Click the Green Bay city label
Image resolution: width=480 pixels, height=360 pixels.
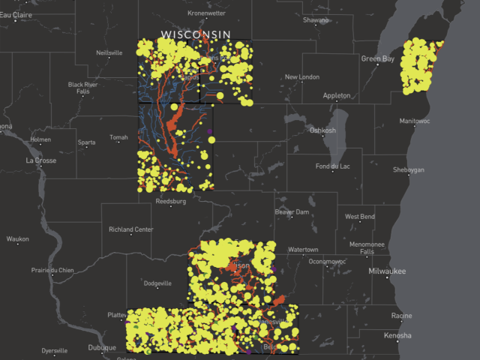coord(378,58)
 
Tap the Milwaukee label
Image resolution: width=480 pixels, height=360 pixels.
coord(386,271)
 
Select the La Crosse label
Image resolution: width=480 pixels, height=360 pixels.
coord(40,160)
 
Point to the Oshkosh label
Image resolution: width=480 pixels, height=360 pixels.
coord(323,130)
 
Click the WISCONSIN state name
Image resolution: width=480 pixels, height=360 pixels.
coord(196,35)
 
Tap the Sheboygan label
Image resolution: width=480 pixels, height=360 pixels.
coord(409,169)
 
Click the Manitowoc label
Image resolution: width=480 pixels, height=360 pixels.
coord(415,121)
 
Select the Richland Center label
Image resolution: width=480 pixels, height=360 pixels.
coord(131,229)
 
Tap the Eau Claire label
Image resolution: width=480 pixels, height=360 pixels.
coord(16,15)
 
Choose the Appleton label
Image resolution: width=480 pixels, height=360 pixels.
coord(336,95)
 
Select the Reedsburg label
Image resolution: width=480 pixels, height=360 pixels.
coord(170,202)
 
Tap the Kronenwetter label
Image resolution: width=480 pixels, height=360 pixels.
coord(207,13)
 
